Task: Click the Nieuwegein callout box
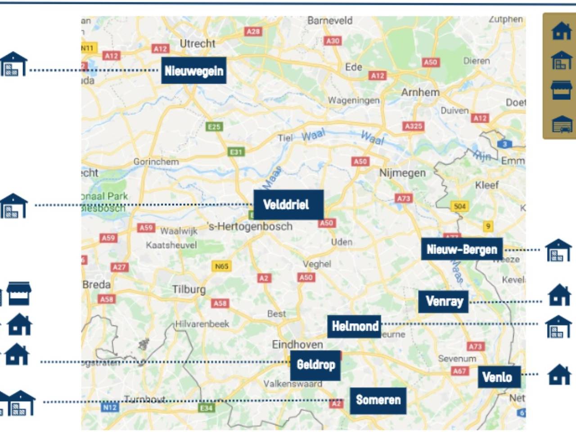click(193, 71)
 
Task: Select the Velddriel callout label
click(288, 205)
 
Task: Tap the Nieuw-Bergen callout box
click(462, 249)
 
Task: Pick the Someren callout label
click(378, 400)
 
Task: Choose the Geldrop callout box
click(315, 365)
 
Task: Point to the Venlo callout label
click(499, 377)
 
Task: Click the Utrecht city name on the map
click(198, 44)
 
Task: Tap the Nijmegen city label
click(402, 173)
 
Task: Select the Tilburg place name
click(189, 289)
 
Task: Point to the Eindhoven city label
click(297, 344)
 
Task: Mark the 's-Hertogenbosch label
click(250, 226)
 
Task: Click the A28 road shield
click(253, 31)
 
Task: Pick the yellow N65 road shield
click(221, 266)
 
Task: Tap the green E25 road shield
click(214, 127)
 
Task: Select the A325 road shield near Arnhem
click(413, 126)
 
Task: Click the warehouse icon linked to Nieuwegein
click(13, 64)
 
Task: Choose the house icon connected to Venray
click(559, 295)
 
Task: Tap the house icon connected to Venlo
click(559, 374)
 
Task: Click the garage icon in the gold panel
click(562, 124)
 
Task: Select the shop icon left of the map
click(19, 293)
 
